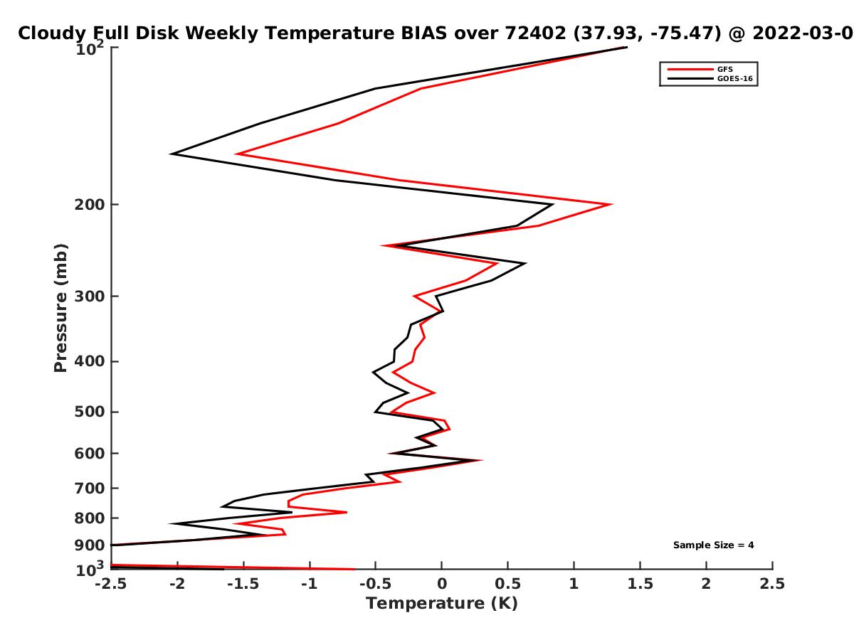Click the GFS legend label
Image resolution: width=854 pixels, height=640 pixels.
tap(724, 69)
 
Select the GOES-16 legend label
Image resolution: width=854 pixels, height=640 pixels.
tap(734, 78)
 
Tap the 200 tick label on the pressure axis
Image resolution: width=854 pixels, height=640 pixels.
tap(90, 204)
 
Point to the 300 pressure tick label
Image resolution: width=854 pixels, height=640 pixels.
tap(90, 297)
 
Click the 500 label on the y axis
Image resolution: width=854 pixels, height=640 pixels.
tap(90, 412)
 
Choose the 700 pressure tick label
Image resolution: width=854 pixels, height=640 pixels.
tap(90, 488)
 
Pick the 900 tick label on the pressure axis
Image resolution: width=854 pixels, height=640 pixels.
tap(90, 545)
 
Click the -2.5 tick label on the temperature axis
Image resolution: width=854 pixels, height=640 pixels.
tap(111, 584)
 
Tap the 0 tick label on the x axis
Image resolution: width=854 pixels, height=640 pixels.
tap(442, 584)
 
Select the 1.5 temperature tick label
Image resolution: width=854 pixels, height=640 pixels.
tap(640, 584)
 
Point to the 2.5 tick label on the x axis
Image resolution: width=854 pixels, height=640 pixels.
tap(772, 584)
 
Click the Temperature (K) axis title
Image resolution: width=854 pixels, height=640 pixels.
tap(442, 604)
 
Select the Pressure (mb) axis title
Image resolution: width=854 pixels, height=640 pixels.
tap(60, 308)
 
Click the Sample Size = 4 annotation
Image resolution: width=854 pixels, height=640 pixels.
tap(713, 545)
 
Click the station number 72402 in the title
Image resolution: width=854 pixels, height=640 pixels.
tap(535, 33)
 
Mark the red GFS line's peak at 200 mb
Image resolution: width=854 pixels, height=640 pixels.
tap(611, 204)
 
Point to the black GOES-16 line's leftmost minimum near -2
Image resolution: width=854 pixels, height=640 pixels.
tap(172, 154)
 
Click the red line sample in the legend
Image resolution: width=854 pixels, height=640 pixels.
tap(690, 70)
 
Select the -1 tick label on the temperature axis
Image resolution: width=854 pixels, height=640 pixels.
tap(310, 584)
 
